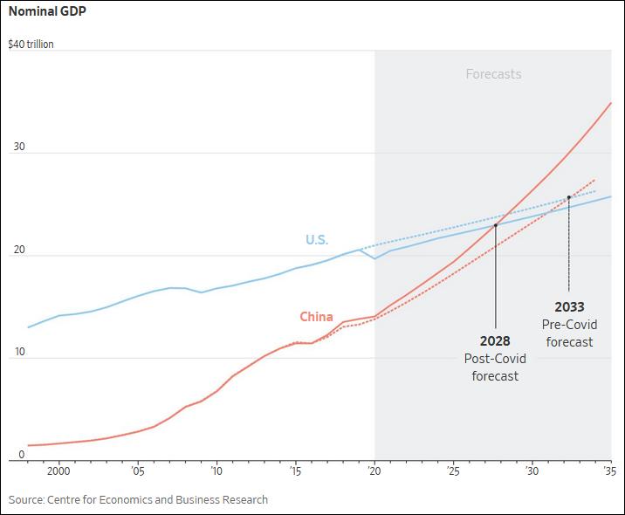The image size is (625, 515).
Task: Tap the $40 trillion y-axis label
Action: pos(31,44)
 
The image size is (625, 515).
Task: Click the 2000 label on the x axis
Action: pos(58,471)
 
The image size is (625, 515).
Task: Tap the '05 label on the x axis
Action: pos(137,471)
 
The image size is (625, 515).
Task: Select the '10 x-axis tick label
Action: pos(216,471)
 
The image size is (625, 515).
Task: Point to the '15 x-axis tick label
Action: pos(295,471)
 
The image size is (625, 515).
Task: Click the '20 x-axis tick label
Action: pos(374,471)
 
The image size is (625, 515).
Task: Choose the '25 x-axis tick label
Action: pos(453,471)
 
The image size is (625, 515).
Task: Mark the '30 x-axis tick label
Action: pos(532,471)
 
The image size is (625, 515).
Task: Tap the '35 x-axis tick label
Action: pos(608,471)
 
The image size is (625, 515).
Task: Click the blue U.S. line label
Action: pos(317,240)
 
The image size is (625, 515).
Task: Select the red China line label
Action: pos(316,317)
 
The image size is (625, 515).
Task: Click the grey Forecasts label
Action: pos(493,74)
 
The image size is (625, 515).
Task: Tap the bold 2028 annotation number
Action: pos(495,341)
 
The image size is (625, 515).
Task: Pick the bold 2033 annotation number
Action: pos(569,307)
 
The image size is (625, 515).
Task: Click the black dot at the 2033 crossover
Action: pos(569,197)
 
